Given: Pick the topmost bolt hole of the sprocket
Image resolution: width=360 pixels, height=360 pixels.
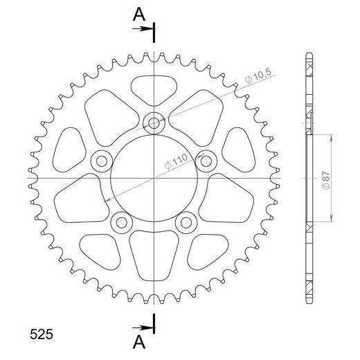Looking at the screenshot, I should [153, 124].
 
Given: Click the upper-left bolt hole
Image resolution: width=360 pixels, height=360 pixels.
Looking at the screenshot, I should [102, 161].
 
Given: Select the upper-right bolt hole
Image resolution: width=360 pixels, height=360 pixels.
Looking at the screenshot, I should [205, 161].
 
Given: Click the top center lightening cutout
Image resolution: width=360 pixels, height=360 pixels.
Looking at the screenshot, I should [153, 88].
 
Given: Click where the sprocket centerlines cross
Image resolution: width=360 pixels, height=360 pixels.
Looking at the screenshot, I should [154, 178].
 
